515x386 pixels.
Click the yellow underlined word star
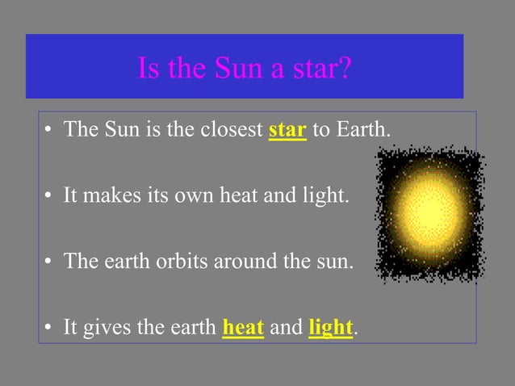tap(287, 129)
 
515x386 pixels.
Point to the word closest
tap(228, 129)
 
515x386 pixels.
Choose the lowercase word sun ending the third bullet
tap(334, 262)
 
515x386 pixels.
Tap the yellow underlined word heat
tap(243, 328)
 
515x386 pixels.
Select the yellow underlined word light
tap(330, 328)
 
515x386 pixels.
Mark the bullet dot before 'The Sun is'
tap(49, 130)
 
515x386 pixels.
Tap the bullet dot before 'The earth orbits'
tap(49, 262)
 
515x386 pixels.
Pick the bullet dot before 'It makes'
tap(49, 196)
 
